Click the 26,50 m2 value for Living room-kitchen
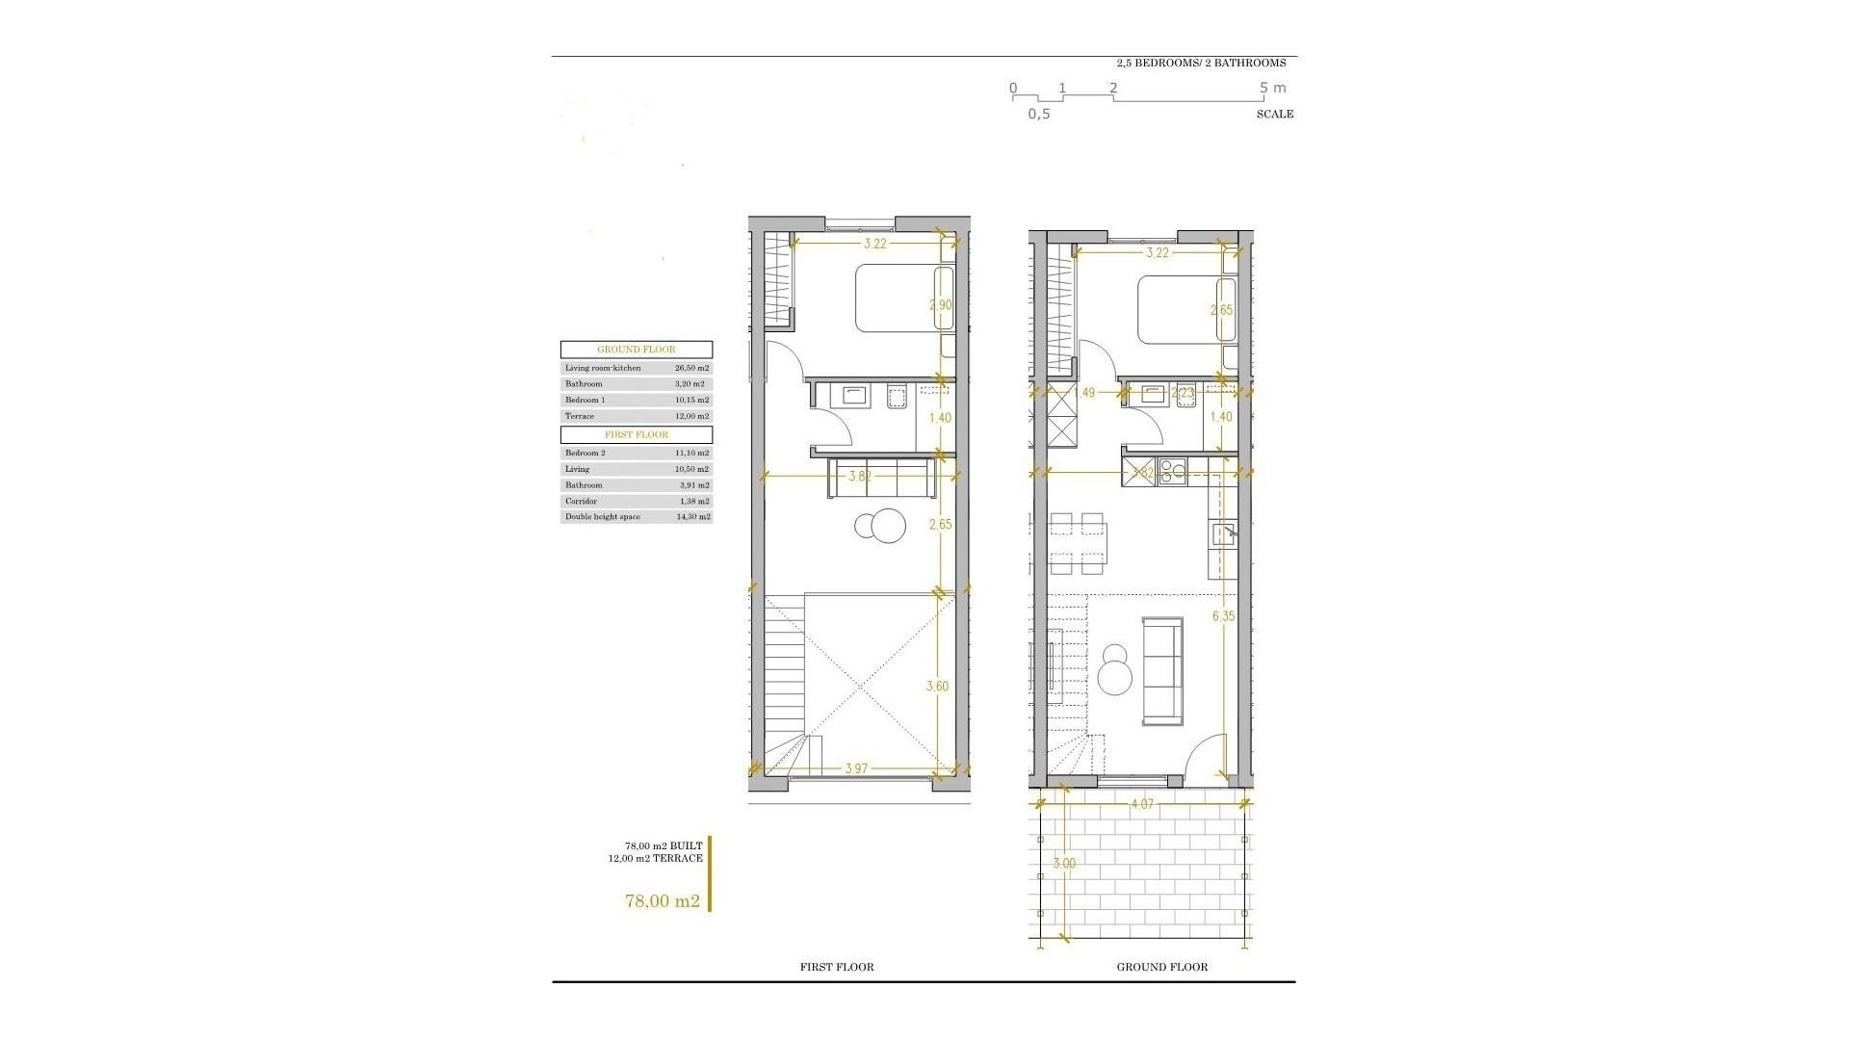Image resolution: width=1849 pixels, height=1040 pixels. coord(691,368)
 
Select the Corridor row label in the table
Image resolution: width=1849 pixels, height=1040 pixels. coord(582,502)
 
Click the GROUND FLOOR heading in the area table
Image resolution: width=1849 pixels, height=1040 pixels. coord(637,350)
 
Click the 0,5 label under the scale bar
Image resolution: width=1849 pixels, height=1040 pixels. coord(1038,114)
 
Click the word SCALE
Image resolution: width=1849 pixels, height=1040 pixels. coord(1274,114)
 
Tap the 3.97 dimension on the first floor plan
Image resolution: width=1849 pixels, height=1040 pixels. coord(857,768)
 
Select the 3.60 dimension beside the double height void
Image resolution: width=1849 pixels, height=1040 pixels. coord(937,687)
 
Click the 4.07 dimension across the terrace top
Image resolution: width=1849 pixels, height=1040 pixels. coord(1142,803)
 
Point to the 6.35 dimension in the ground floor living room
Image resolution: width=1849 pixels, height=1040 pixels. coord(1223,616)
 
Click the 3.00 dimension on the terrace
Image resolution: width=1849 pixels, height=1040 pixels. coord(1064,864)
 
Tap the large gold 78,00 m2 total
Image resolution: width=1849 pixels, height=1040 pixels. coord(663,901)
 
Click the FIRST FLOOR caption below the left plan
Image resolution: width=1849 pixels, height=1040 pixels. coord(837,967)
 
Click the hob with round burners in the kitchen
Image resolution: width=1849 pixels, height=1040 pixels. coord(1171,471)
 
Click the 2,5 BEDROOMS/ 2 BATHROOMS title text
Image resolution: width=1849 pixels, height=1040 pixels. coord(1200,63)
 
